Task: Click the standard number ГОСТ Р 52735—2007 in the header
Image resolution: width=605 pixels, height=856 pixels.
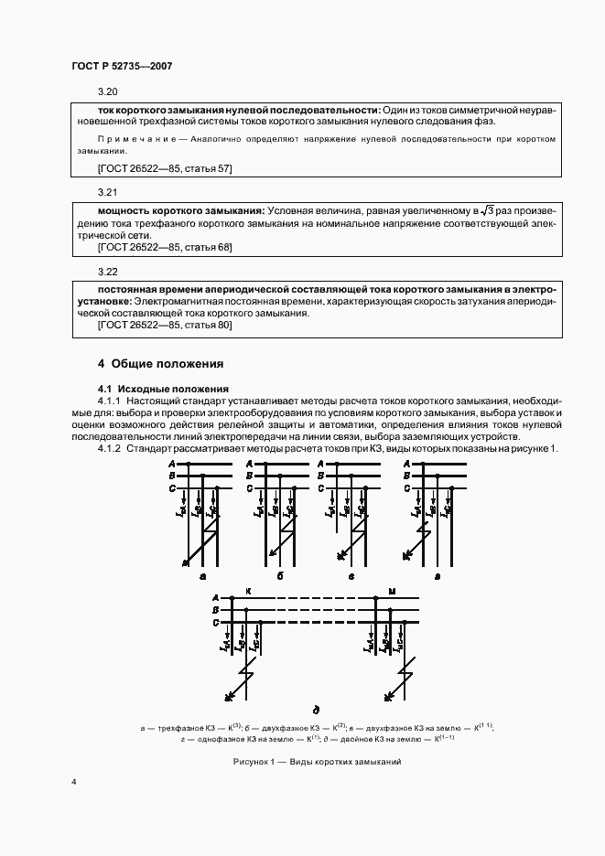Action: [x=122, y=67]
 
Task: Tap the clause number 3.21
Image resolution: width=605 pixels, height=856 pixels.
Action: [x=108, y=193]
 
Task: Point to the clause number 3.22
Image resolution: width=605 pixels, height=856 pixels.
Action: [x=108, y=272]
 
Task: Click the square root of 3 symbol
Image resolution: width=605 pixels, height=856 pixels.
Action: [x=487, y=211]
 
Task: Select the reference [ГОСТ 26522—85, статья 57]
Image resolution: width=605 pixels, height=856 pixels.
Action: [x=165, y=168]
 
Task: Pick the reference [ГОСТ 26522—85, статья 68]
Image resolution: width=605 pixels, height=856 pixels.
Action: [x=165, y=247]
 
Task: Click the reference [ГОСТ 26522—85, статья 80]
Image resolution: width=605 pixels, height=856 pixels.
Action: [x=165, y=325]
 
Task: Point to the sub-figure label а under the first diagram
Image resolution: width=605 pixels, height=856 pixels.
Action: [x=202, y=577]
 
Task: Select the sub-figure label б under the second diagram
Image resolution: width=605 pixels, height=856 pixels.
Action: [x=279, y=577]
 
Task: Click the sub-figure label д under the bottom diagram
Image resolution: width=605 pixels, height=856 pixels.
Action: [x=316, y=709]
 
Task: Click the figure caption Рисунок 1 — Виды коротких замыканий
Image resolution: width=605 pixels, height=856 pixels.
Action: [x=316, y=762]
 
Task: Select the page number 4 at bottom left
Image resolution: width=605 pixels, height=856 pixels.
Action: [x=74, y=782]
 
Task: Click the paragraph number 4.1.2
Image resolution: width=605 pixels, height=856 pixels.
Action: [x=111, y=449]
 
